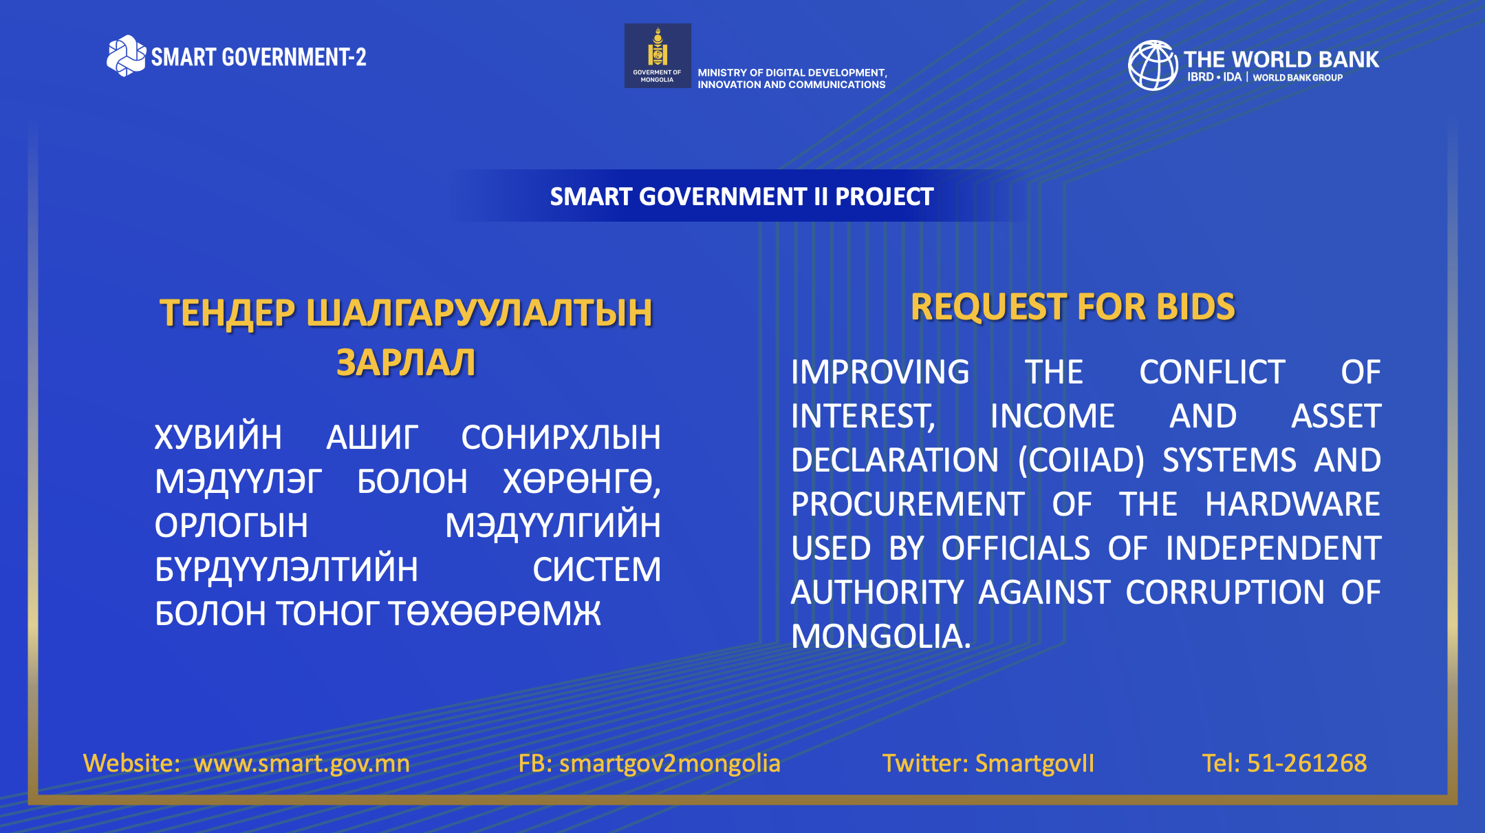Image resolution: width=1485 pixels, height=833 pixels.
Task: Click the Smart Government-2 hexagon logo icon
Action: tap(126, 56)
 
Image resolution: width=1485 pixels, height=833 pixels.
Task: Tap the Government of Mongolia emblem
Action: tap(658, 48)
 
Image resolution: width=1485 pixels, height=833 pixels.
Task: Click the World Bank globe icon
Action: tap(1153, 65)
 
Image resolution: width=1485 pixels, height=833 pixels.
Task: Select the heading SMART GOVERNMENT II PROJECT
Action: tap(741, 197)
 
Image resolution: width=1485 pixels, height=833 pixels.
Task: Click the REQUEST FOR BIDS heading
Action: tap(1073, 307)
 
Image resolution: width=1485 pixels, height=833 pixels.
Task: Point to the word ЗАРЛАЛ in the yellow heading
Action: tap(406, 363)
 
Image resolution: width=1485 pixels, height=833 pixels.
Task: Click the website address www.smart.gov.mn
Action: tap(301, 763)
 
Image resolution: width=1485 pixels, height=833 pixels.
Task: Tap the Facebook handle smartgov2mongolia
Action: tap(670, 763)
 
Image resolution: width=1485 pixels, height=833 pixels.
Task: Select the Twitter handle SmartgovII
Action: tap(1034, 763)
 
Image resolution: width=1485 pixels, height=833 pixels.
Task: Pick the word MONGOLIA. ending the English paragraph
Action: tap(880, 636)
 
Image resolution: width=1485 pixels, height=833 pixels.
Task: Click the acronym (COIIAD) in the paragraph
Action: tap(1081, 460)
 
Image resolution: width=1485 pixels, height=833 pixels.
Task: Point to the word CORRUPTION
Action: tap(1224, 592)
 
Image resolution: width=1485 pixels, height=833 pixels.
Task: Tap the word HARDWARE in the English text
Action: tap(1292, 504)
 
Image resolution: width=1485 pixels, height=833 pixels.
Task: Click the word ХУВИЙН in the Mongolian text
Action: tap(218, 437)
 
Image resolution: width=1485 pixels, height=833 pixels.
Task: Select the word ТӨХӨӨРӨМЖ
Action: tap(495, 613)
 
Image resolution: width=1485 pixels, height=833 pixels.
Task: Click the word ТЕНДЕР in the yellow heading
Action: tap(228, 313)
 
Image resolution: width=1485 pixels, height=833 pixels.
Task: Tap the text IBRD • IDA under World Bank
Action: tap(1214, 77)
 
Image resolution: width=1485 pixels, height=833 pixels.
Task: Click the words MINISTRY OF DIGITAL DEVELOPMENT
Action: tap(792, 72)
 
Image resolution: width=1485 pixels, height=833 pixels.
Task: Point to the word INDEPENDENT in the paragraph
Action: tap(1273, 548)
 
